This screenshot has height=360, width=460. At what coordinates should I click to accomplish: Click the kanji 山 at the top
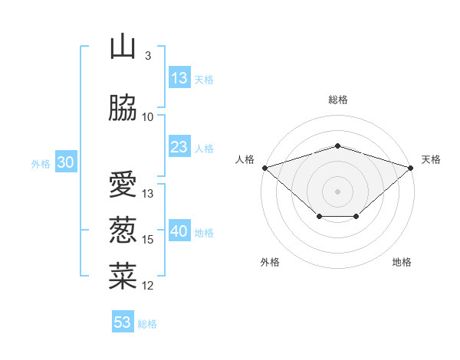click(x=123, y=46)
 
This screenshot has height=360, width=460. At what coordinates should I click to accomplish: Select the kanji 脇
click(x=123, y=107)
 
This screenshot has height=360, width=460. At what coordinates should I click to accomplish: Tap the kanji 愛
click(x=123, y=184)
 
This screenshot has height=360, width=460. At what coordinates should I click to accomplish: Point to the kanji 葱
click(x=123, y=230)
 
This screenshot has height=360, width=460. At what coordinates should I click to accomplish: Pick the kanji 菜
click(x=123, y=276)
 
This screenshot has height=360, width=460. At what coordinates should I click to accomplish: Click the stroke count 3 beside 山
click(x=148, y=55)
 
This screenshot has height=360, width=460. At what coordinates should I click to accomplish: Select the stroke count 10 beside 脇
click(x=147, y=117)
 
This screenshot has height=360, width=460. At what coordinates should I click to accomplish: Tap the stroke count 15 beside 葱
click(x=147, y=240)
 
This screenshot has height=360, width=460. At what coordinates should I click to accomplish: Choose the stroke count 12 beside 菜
click(x=147, y=286)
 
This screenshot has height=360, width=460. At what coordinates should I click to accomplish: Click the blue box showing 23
click(x=180, y=146)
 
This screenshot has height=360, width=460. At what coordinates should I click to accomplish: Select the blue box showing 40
click(x=180, y=230)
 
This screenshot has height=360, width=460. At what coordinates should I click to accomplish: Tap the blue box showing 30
click(x=66, y=162)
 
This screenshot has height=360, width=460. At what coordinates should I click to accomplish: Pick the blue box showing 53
click(x=123, y=321)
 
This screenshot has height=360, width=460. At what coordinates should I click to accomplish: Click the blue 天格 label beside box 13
click(x=204, y=80)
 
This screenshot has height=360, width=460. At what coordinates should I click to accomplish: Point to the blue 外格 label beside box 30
click(x=41, y=164)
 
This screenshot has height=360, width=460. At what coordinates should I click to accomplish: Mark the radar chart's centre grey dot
click(x=337, y=191)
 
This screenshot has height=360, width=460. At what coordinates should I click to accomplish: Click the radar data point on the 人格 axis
click(x=265, y=168)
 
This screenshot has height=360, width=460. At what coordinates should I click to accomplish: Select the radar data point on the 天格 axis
click(x=411, y=168)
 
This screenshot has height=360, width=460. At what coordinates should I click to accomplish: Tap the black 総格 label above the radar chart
click(x=338, y=100)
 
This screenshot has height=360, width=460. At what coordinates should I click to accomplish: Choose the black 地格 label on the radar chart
click(x=402, y=262)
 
